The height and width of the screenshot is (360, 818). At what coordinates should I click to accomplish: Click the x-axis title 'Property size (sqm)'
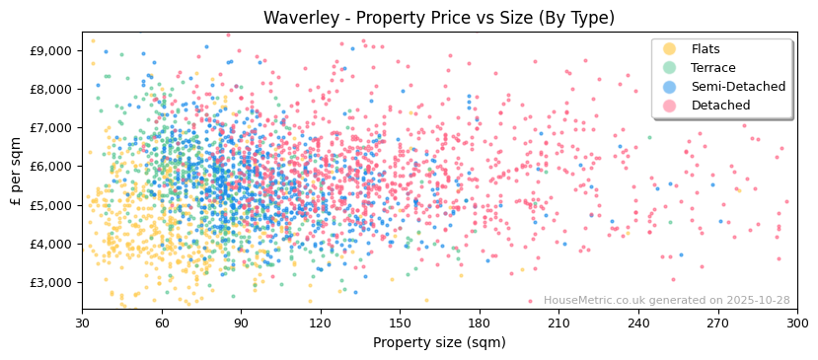click(439, 342)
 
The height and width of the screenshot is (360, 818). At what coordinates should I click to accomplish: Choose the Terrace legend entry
click(711, 68)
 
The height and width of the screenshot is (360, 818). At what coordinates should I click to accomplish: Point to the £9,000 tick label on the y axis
click(51, 50)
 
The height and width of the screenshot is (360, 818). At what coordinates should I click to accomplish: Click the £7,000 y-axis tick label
click(51, 127)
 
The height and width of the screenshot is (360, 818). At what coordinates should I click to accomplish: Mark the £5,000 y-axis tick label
click(51, 205)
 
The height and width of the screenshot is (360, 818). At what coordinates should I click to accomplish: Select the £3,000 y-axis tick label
click(51, 282)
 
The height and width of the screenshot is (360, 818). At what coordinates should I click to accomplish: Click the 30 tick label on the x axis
click(82, 323)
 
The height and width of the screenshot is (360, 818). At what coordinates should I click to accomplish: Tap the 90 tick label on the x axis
click(241, 323)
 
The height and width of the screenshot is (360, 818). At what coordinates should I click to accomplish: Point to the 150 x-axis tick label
click(400, 323)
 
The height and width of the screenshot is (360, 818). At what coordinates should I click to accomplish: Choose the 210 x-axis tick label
click(558, 323)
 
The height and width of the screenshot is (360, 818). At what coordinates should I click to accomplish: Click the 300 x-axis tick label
click(796, 323)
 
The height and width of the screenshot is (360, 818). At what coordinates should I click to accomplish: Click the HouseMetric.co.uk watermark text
click(666, 301)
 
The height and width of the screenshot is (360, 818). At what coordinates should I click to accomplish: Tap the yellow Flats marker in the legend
click(670, 49)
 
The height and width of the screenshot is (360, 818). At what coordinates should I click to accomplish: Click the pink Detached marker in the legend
click(670, 106)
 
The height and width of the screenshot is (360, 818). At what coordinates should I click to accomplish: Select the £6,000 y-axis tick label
click(51, 166)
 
